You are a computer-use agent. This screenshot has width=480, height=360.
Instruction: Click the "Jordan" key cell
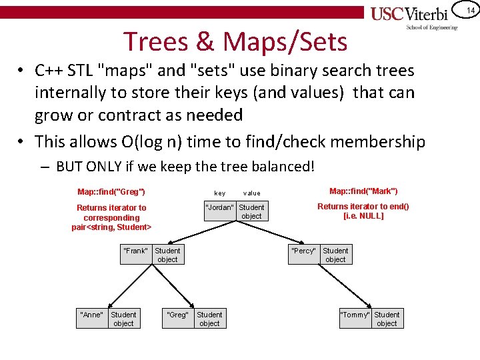coord(219,207)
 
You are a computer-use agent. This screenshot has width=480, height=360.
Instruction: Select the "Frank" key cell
coord(135,251)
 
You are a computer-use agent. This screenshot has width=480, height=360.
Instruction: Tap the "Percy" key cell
coord(303,251)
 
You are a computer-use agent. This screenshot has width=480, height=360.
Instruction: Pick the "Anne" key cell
coord(91,315)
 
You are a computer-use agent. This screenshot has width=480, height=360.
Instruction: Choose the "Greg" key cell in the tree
coord(177,315)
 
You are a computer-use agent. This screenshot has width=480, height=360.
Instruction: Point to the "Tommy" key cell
coord(355,315)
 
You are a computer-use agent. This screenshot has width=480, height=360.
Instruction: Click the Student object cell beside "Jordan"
coord(251,212)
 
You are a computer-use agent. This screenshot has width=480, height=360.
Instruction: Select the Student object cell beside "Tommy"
coord(387,319)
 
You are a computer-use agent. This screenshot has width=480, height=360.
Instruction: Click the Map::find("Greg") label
coord(111,192)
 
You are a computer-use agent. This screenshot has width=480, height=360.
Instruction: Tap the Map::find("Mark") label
coord(363,191)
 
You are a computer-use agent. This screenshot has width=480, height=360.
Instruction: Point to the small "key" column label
coord(219,193)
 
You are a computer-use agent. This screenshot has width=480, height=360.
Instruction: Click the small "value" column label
coord(252,193)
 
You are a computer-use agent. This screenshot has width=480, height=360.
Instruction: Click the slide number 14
coord(470,9)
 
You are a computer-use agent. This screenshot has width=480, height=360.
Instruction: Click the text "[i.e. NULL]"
coord(363,216)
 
